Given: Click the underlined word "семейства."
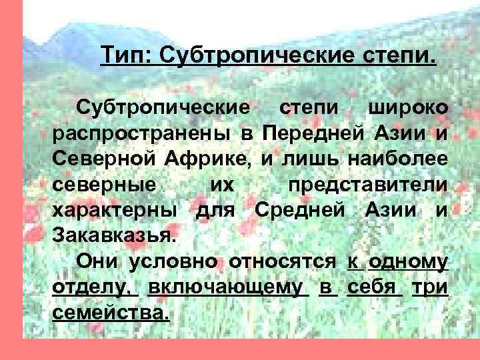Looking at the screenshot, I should (x=110, y=313).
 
